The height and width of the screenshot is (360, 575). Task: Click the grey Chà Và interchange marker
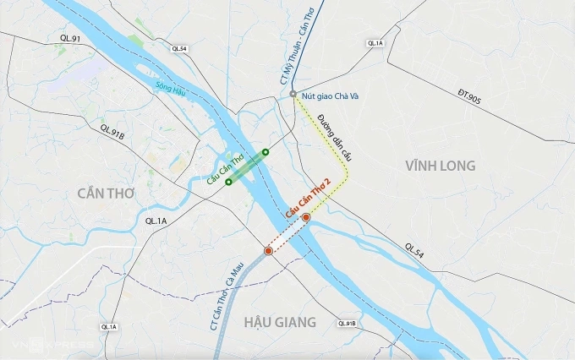pos(293,94)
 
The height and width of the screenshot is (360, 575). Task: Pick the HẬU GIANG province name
pos(279,322)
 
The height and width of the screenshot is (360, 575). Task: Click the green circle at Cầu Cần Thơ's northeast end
pos(266,152)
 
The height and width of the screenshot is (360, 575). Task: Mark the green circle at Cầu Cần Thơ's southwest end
pos(228,182)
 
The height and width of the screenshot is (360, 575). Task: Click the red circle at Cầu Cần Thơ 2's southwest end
pos(268,251)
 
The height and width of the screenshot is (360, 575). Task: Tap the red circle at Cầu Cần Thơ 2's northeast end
pos(307,217)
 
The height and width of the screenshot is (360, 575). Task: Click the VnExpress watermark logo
pos(51,346)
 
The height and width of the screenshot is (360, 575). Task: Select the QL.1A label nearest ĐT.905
pos(375,43)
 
